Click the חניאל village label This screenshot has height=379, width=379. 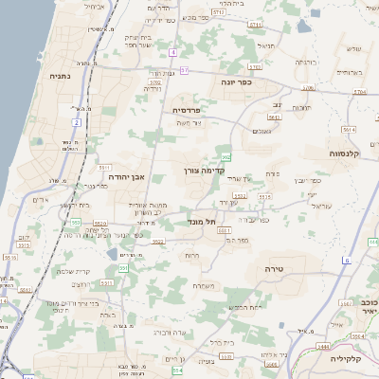(x=266, y=45)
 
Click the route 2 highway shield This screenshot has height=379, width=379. (x=76, y=122)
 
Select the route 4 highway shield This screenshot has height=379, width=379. (x=173, y=53)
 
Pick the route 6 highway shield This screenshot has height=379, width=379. (x=348, y=260)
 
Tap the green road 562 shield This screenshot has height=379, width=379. (x=226, y=156)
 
